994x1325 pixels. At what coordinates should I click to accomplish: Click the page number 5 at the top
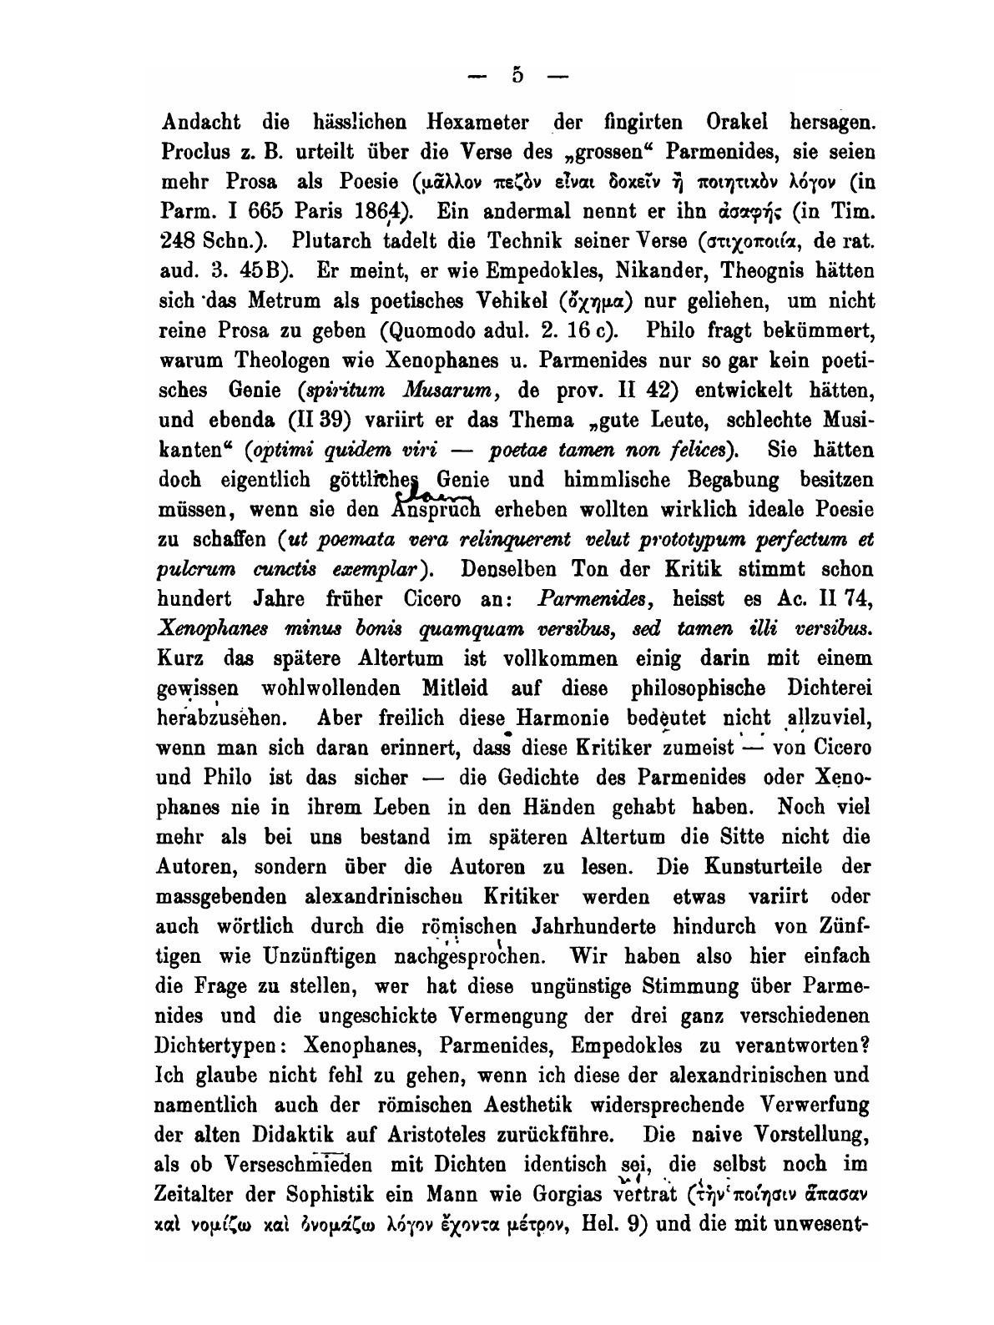coord(517,76)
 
